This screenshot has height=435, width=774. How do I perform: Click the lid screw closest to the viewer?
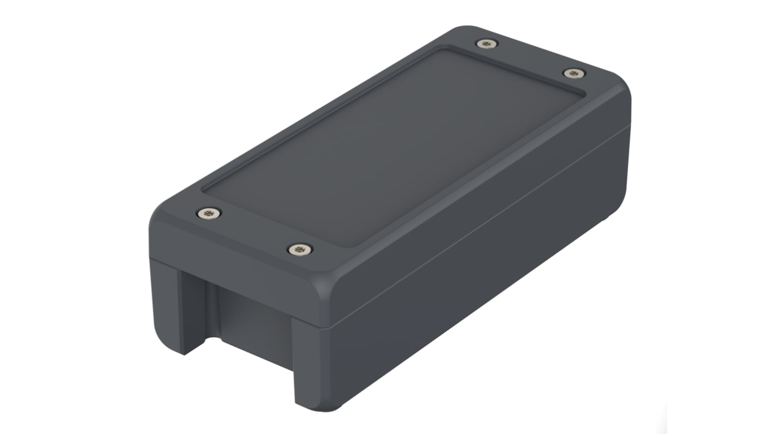pyautogui.click(x=299, y=250)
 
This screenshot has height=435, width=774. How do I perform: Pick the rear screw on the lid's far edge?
pyautogui.click(x=484, y=44)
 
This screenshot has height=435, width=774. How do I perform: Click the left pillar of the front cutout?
pyautogui.click(x=168, y=305)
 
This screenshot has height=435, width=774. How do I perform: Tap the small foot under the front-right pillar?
pyautogui.click(x=321, y=407)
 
